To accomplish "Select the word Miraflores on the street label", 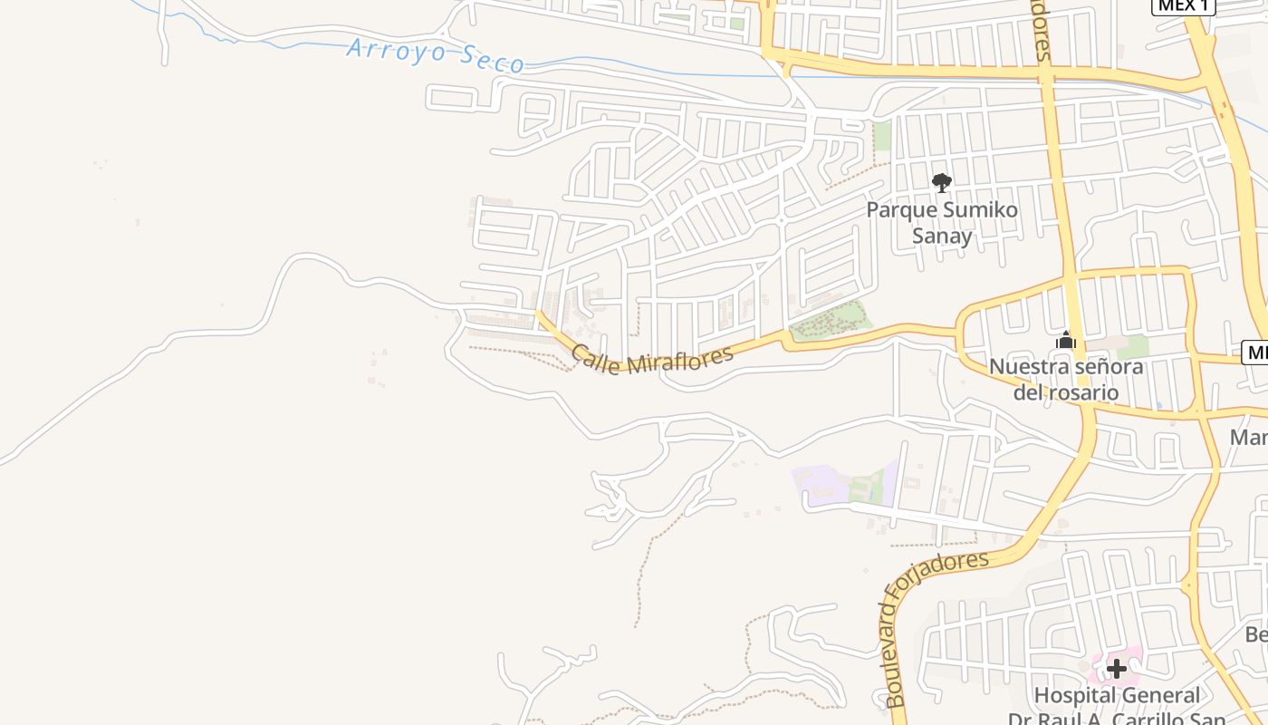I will pyautogui.click(x=679, y=361).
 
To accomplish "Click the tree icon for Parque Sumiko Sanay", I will pyautogui.click(x=942, y=183).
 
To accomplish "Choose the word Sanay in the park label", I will pyautogui.click(x=942, y=237).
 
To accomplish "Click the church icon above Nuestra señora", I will pyautogui.click(x=1066, y=341).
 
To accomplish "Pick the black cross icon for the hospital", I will pyautogui.click(x=1117, y=669).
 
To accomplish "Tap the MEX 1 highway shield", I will pyautogui.click(x=1183, y=5).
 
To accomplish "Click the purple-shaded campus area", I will pyautogui.click(x=821, y=485).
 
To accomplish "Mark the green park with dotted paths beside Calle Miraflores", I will pyautogui.click(x=831, y=322).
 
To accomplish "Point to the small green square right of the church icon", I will pyautogui.click(x=1131, y=346).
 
